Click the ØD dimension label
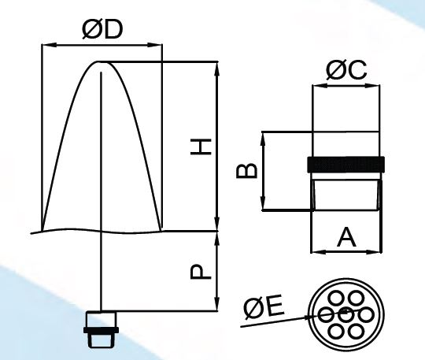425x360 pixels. coord(102,30)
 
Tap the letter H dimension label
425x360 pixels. coord(201,147)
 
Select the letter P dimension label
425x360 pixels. coord(201,272)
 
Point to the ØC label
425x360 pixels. coord(346,70)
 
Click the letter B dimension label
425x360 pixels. coord(246,171)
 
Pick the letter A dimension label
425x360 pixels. coord(346,237)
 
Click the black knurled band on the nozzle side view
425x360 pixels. coord(346,164)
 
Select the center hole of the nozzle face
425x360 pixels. coord(346,315)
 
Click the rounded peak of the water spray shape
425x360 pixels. coord(102,62)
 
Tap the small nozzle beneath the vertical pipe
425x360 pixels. coord(101,329)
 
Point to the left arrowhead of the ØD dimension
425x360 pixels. coord(46,46)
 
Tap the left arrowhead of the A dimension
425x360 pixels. coord(316,252)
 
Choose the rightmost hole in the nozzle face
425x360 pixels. coord(366,315)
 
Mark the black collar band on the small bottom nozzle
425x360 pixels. coord(101,330)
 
